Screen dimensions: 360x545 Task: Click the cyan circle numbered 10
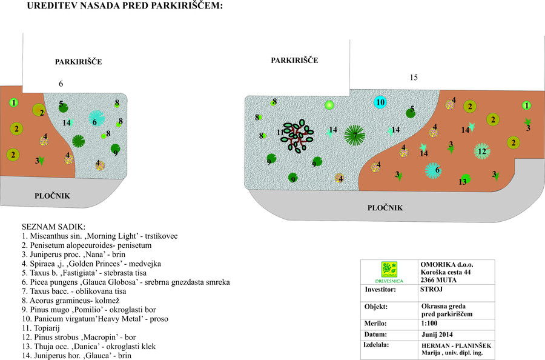click(x=380, y=102)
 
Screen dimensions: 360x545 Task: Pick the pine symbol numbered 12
click(x=481, y=151)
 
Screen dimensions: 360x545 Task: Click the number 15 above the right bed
click(x=414, y=78)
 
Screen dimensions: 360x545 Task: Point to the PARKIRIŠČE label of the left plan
click(x=78, y=62)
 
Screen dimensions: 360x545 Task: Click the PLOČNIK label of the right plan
click(x=385, y=208)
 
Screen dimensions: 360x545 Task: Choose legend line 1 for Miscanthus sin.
click(x=99, y=236)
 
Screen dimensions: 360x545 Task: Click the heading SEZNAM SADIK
click(x=53, y=226)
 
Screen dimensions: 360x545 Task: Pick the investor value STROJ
click(x=432, y=290)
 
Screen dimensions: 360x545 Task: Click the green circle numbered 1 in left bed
click(x=14, y=102)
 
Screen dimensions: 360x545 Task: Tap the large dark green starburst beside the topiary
click(x=354, y=135)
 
